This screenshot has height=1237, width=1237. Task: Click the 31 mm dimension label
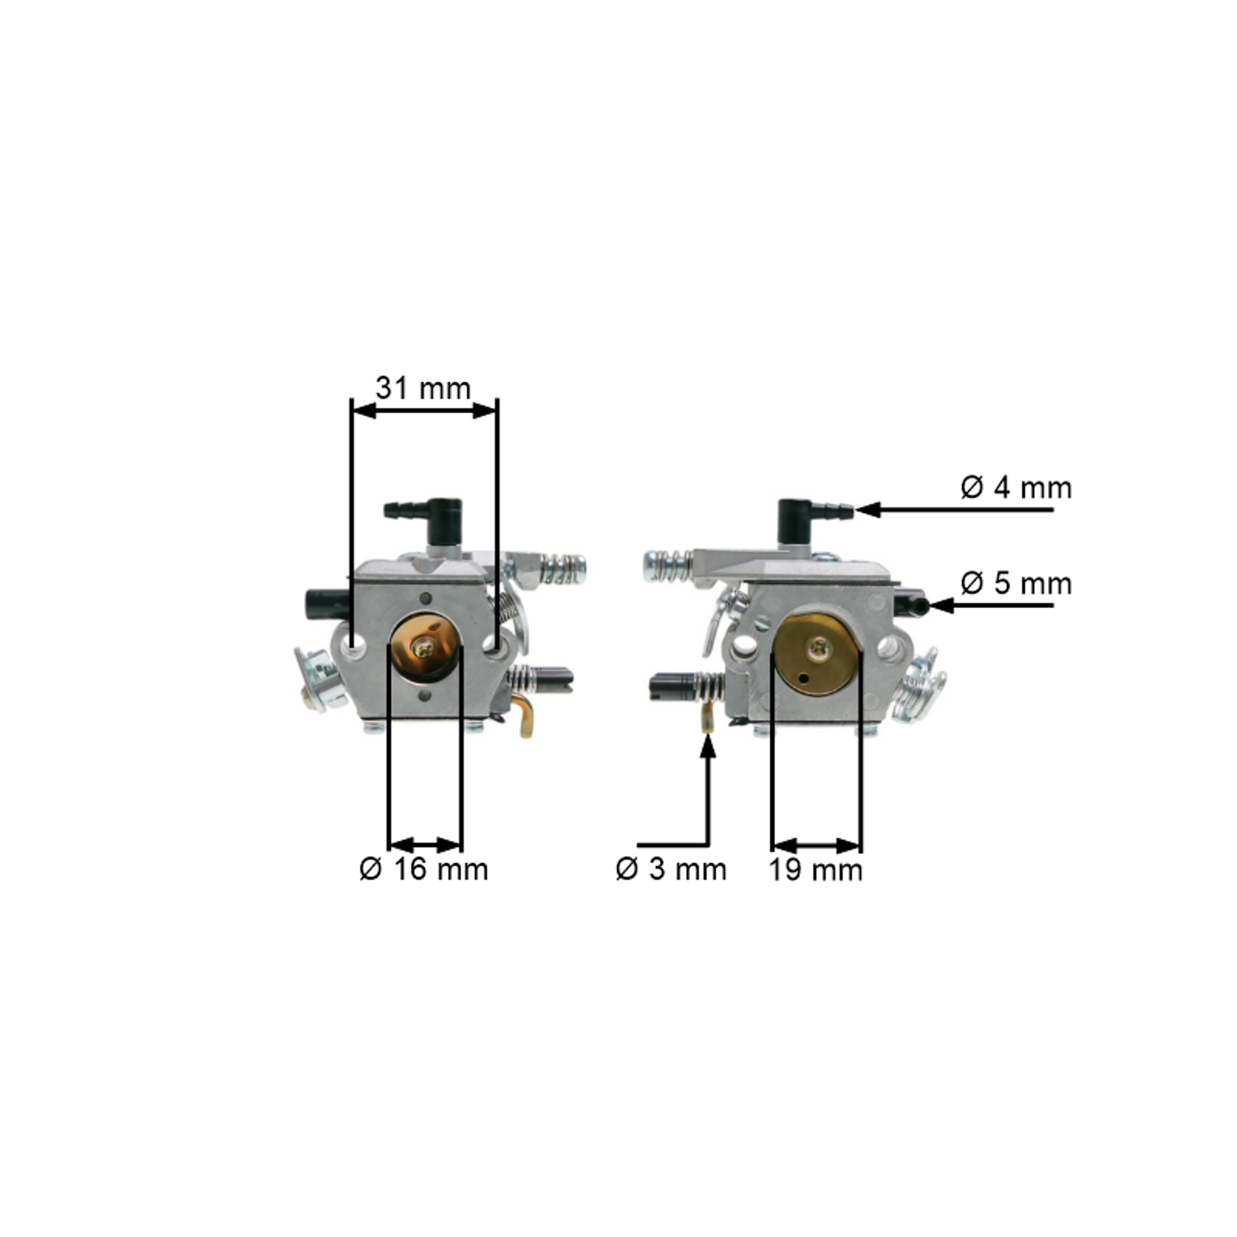[423, 389]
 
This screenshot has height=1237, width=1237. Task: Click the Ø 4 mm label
[1016, 488]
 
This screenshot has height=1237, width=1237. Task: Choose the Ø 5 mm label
[1016, 583]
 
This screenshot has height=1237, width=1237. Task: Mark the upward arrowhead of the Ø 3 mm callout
[708, 746]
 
